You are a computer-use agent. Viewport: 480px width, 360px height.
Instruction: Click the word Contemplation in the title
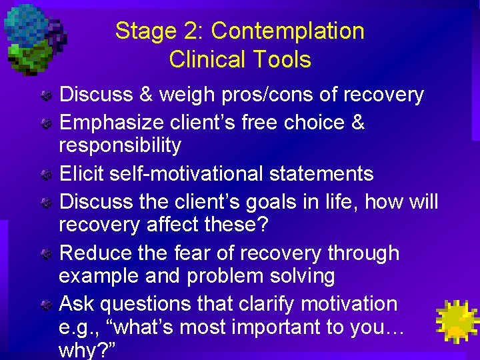coord(287,31)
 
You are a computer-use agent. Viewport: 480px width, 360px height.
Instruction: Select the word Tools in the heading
coord(283,59)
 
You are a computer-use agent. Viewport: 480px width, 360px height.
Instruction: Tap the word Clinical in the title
coord(209,59)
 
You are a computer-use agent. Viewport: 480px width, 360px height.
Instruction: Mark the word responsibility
coord(120,145)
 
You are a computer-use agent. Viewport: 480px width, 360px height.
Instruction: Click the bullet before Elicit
coord(46,175)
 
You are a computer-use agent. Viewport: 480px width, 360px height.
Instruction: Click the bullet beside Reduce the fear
coord(46,254)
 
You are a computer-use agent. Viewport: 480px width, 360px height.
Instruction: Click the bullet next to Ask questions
coord(46,305)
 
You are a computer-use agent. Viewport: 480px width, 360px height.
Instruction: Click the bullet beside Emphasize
coord(46,123)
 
